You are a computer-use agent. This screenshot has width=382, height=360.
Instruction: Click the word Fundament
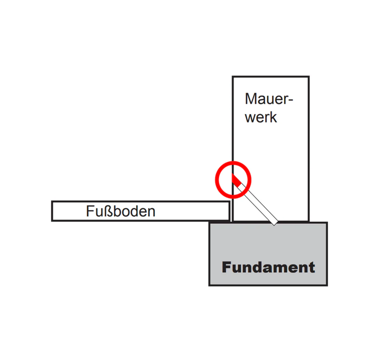pyautogui.click(x=268, y=267)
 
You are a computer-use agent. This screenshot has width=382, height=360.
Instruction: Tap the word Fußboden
pyautogui.click(x=120, y=211)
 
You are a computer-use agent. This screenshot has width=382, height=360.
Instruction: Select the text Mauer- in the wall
pyautogui.click(x=269, y=99)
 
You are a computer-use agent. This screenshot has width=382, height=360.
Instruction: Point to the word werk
pyautogui.click(x=261, y=117)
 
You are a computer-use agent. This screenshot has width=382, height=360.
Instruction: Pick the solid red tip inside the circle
pyautogui.click(x=236, y=181)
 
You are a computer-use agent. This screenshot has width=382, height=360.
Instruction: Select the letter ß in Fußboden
pyautogui.click(x=110, y=211)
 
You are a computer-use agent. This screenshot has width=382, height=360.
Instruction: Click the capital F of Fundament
pyautogui.click(x=226, y=267)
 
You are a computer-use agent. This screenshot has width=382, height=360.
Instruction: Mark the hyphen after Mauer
pyautogui.click(x=291, y=100)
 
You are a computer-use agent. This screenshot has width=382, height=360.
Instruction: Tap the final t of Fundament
pyautogui.click(x=312, y=268)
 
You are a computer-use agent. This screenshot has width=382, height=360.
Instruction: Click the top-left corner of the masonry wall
pyautogui.click(x=232, y=77)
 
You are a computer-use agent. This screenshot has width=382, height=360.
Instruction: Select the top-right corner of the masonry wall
pyautogui.click(x=309, y=77)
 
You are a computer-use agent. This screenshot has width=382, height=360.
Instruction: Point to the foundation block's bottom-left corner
pyautogui.click(x=209, y=285)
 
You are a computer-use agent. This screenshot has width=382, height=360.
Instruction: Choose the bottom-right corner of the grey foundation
pyautogui.click(x=327, y=285)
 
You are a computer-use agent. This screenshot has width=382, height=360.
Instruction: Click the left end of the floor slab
pyautogui.click(x=52, y=211)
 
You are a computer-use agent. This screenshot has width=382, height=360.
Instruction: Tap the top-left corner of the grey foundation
pyautogui.click(x=209, y=222)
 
